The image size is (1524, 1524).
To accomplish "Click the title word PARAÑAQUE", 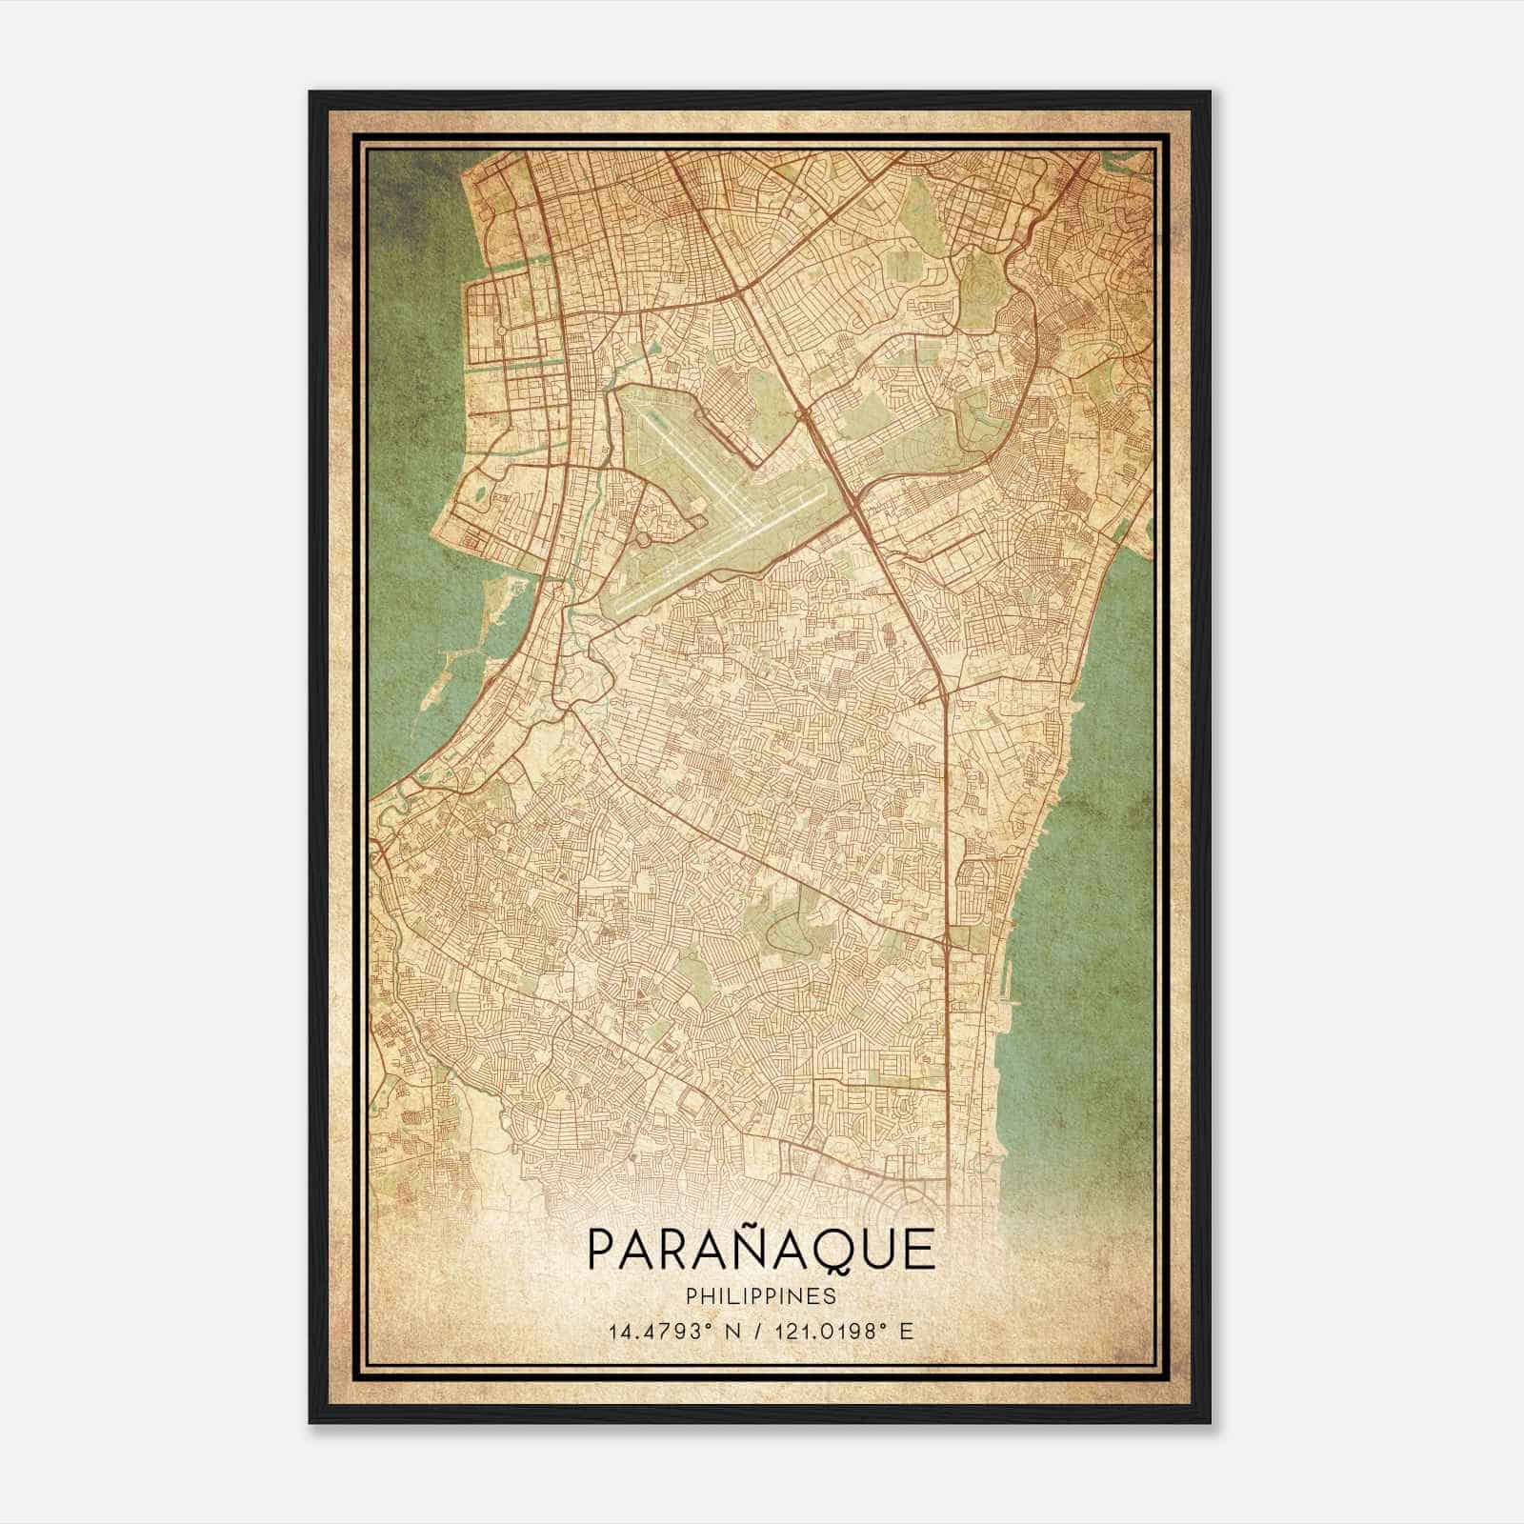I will coord(761,1250).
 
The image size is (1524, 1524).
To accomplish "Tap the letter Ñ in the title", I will coord(754,1250).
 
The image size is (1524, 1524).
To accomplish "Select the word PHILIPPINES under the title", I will coord(761,1296).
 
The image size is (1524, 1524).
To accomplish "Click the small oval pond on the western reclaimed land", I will coord(478,494).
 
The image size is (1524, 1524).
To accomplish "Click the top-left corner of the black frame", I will coord(311,92).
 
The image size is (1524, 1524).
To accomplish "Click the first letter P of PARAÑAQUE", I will coord(601,1250).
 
